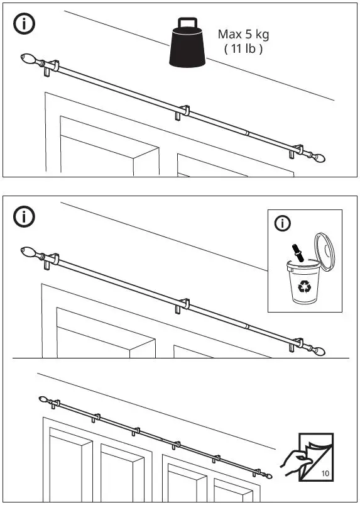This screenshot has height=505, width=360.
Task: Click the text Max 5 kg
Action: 243,34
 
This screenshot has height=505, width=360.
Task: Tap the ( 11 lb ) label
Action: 243,49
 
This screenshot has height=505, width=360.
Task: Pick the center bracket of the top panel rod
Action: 182,113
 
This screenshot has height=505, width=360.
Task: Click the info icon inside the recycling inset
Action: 283,223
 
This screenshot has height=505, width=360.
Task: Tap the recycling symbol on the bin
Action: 305,287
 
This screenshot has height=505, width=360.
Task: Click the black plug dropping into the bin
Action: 300,252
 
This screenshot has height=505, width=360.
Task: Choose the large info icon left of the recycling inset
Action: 24,216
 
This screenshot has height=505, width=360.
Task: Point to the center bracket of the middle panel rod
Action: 182,305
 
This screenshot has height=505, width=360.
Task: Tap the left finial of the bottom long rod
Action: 43,399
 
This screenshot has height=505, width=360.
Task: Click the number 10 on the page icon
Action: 325,473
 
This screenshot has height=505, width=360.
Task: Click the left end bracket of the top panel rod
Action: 52,69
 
